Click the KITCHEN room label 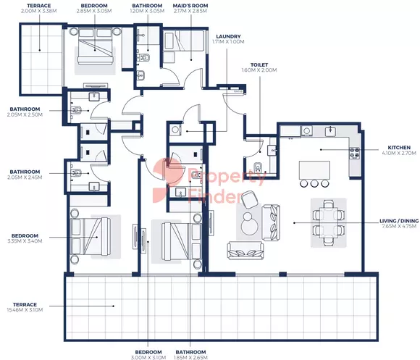pyautogui.click(x=399, y=148)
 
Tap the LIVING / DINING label pyautogui.click(x=399, y=221)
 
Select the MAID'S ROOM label pyautogui.click(x=190, y=6)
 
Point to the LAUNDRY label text pyautogui.click(x=228, y=36)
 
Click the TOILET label pyautogui.click(x=259, y=64)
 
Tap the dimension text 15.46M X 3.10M pyautogui.click(x=25, y=310)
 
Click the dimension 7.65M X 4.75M pyautogui.click(x=399, y=226)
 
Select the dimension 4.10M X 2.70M pyautogui.click(x=399, y=154)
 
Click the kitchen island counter pyautogui.click(x=314, y=169)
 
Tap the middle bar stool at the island pyautogui.click(x=314, y=183)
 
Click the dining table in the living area pyautogui.click(x=328, y=222)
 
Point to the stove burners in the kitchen pyautogui.click(x=354, y=153)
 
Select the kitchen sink pyautogui.click(x=331, y=131)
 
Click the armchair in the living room pyautogui.click(x=250, y=200)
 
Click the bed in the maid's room pyautogui.click(x=184, y=41)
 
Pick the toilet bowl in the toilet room pyautogui.click(x=258, y=167)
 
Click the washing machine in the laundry pyautogui.click(x=175, y=130)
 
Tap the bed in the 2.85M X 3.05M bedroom pyautogui.click(x=95, y=46)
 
